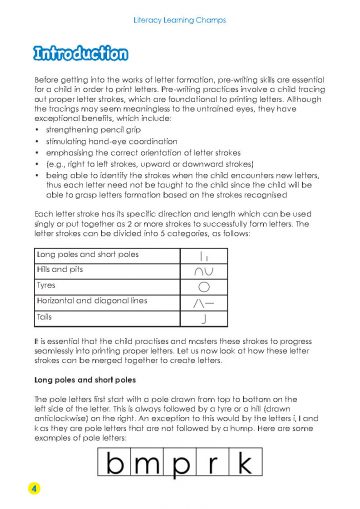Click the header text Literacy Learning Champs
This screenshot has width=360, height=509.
coord(180,18)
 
